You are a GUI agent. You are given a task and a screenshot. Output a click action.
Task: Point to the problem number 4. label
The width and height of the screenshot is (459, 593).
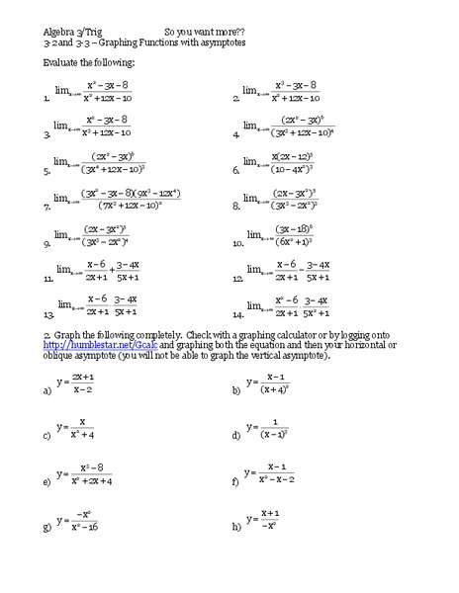pyautogui.click(x=236, y=133)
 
